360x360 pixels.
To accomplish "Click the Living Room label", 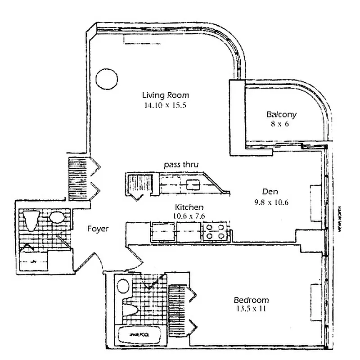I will [x=166, y=95].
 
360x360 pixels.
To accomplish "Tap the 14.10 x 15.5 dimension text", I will [x=165, y=106].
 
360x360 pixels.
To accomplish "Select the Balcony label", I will [x=281, y=114].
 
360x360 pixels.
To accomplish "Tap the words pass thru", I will [x=181, y=165].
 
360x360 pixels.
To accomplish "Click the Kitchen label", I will [x=189, y=207].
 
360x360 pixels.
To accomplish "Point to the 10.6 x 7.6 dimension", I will [x=189, y=216].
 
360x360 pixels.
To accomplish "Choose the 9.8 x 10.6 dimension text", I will [x=271, y=202].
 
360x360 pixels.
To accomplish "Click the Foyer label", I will [x=97, y=229].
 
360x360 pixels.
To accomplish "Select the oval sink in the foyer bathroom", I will [x=57, y=218].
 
